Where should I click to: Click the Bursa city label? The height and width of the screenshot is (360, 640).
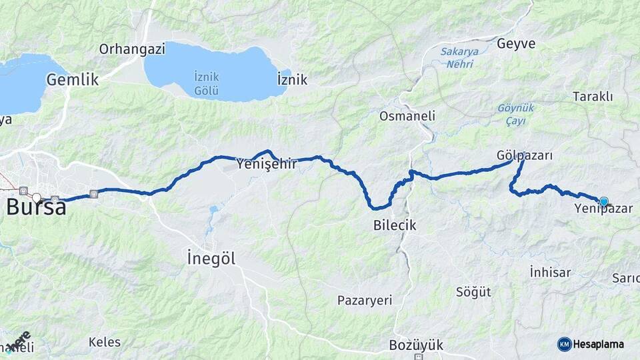37,207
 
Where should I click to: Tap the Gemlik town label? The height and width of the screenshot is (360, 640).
72,80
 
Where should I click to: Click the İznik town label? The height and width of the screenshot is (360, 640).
292,80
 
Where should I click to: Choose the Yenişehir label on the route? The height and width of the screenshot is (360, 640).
267,163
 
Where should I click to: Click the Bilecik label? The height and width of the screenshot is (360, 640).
395,225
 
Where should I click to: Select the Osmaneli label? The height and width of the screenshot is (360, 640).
407,116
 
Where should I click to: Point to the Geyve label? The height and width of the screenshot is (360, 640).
516,43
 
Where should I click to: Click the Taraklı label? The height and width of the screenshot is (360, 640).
592,97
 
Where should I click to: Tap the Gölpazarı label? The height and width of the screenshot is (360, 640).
525,155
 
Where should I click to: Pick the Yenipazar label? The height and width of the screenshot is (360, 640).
603,209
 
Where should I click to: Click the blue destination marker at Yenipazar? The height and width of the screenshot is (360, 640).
604,201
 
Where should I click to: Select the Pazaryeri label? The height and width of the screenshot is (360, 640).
365,300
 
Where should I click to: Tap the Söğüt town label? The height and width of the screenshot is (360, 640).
473,292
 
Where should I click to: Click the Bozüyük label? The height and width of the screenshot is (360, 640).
416,345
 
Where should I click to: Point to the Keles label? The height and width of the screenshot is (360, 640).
105,343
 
